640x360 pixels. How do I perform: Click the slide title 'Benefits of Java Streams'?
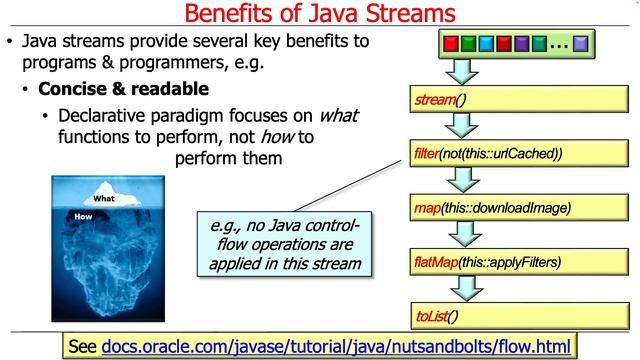pos(320,15)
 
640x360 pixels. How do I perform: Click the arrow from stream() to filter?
pos(461,127)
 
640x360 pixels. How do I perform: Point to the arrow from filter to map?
pos(461,181)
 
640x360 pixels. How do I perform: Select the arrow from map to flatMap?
pos(461,236)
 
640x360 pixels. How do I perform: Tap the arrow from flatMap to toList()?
pos(461,290)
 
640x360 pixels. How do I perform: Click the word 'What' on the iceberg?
pos(104,198)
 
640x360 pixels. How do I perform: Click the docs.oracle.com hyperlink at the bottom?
pos(335,346)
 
